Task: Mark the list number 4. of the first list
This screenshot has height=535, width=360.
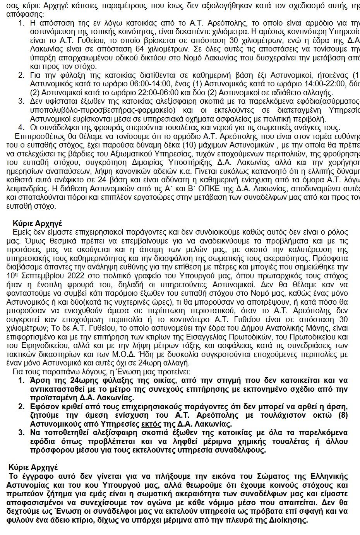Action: (x=22, y=128)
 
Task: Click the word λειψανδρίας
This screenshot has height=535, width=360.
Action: (x=25, y=189)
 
